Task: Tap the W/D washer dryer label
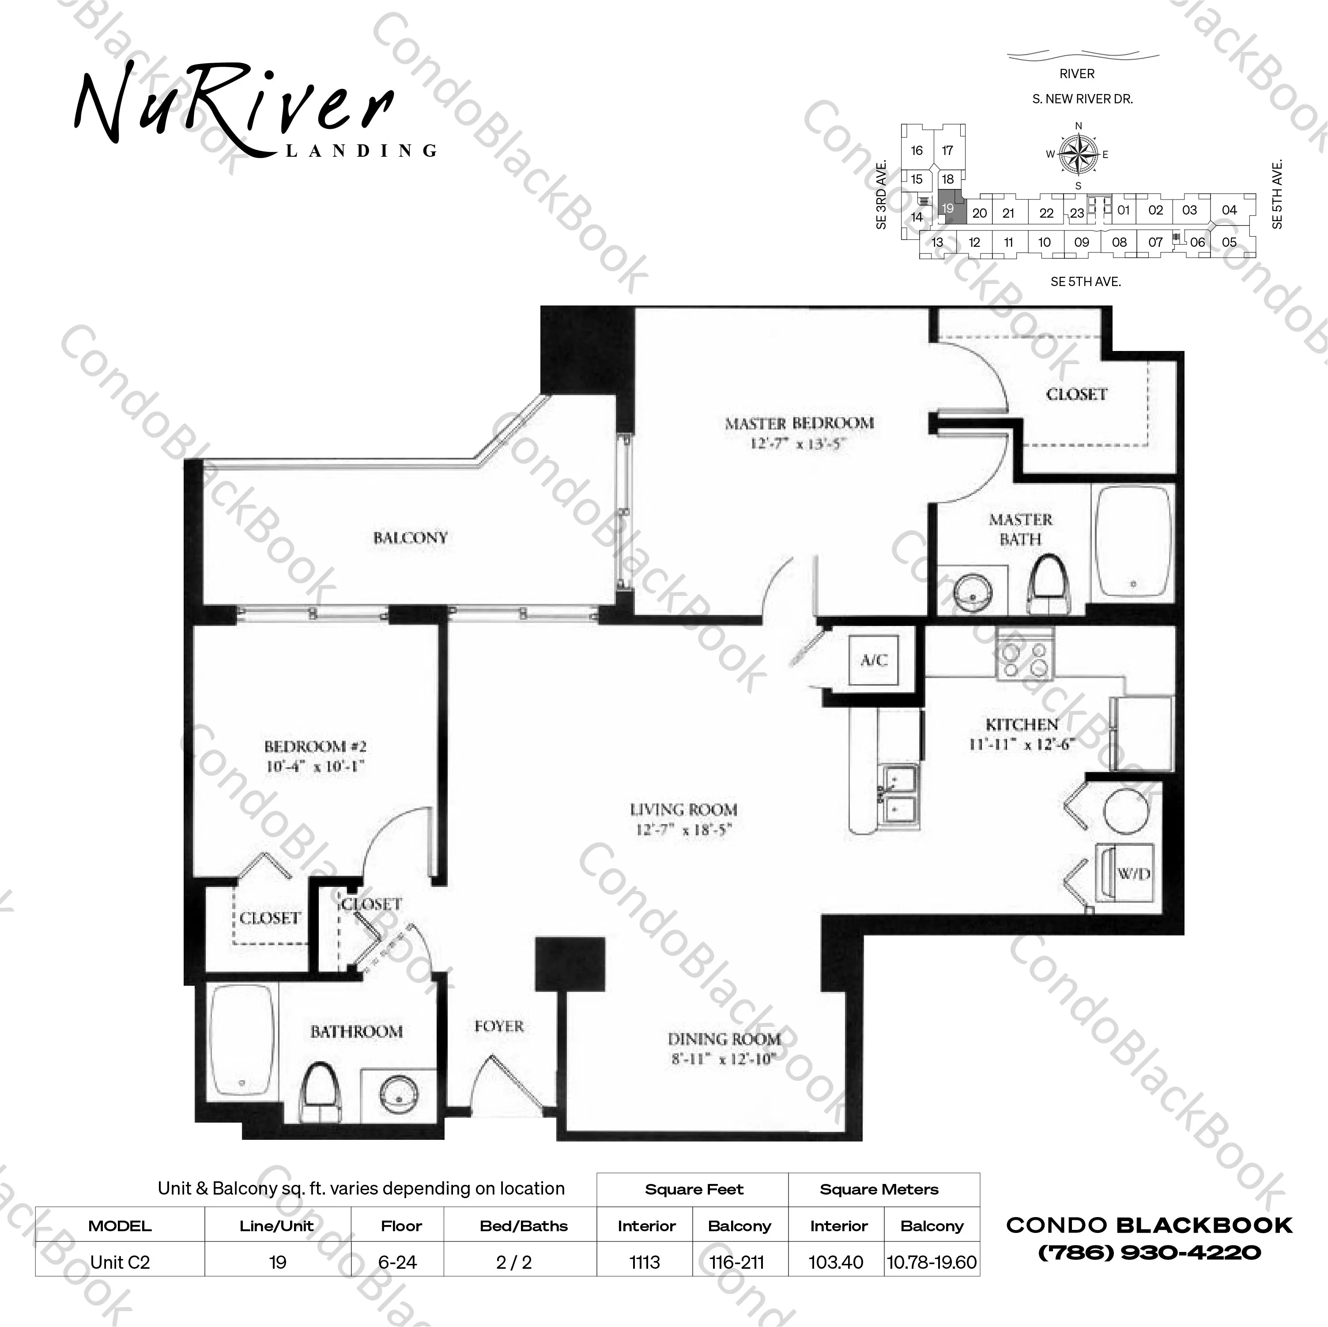coord(1133,874)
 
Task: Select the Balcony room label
coord(410,537)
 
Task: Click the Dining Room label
coord(724,1039)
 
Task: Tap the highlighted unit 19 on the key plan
coord(949,208)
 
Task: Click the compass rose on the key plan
coord(1078,155)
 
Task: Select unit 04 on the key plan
coord(1229,210)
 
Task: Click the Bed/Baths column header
coord(524,1226)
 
